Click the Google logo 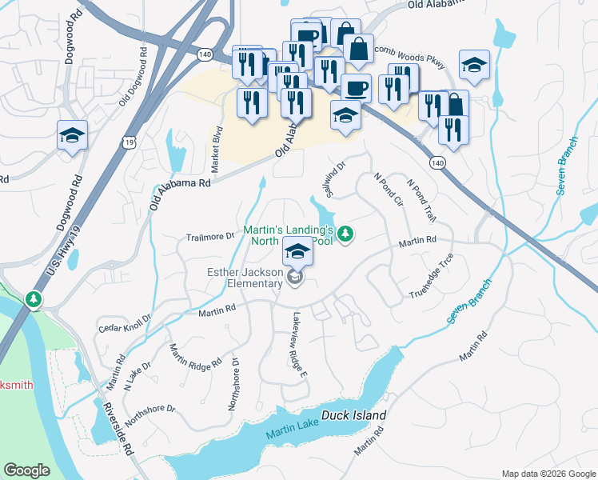(26, 470)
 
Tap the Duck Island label (354, 416)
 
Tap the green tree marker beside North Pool (345, 234)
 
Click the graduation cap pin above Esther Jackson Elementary (297, 253)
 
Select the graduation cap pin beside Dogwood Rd (72, 135)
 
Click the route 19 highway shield (129, 142)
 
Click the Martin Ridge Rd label (196, 356)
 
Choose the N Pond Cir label (388, 190)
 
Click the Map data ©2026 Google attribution (548, 474)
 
